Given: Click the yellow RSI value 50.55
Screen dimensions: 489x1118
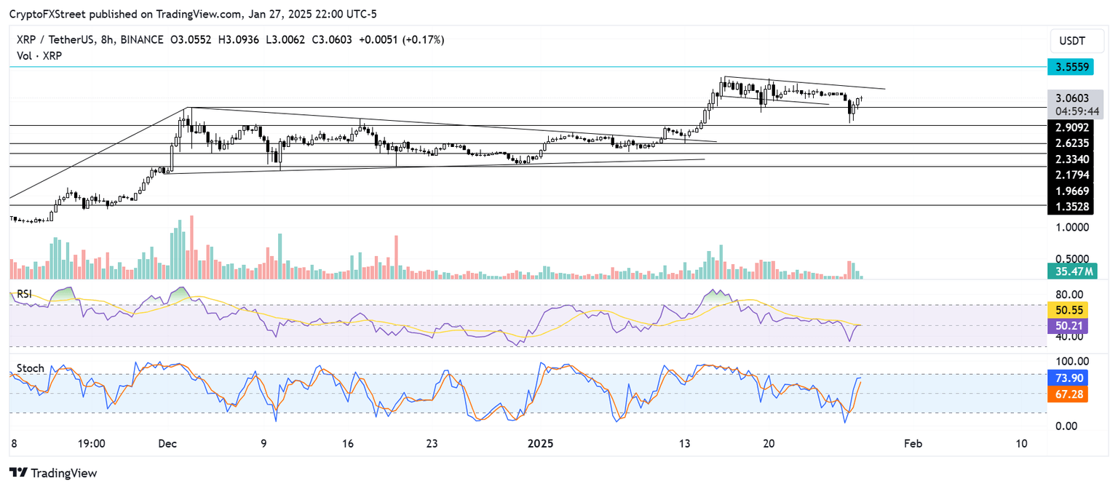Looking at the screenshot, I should [1067, 309].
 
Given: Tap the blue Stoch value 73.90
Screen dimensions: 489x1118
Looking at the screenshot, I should [1067, 378].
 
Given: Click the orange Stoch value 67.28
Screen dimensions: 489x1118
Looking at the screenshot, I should [1067, 394].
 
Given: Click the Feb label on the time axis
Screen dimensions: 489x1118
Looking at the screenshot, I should [910, 443].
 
